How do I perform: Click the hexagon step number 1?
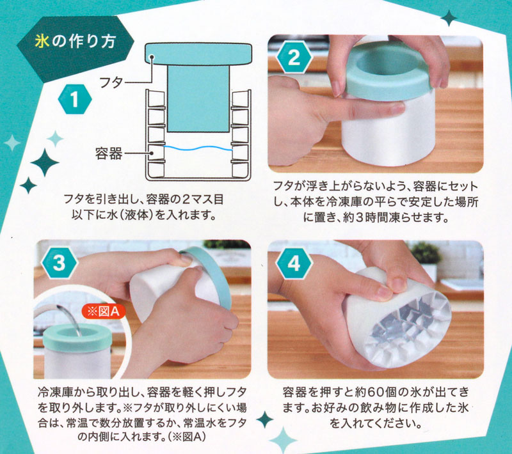74,99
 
